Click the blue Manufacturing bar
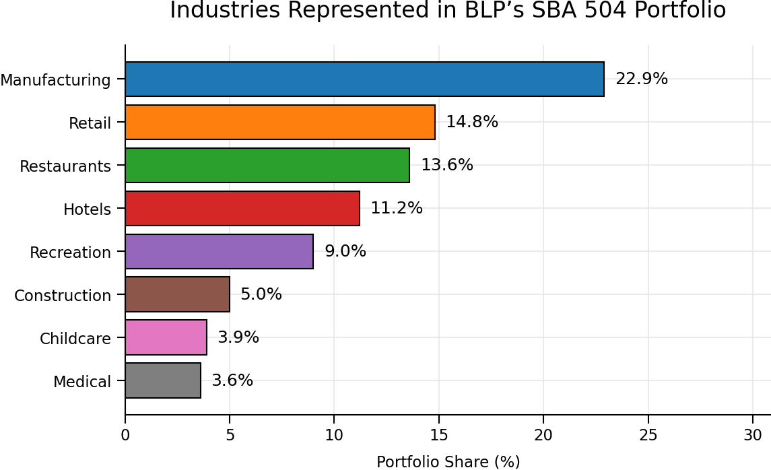364,79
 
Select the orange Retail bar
280,123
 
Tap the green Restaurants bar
267,166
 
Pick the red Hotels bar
242,209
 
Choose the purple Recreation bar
219,252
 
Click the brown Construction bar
177,295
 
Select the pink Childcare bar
166,338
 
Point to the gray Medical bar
163,381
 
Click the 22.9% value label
642,79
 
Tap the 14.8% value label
472,123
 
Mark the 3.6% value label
232,381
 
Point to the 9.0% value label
345,252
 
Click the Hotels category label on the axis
87,209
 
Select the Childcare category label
75,339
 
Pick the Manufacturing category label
55,81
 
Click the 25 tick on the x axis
648,436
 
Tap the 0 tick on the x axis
125,436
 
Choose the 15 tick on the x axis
439,436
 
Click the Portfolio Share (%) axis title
448,462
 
